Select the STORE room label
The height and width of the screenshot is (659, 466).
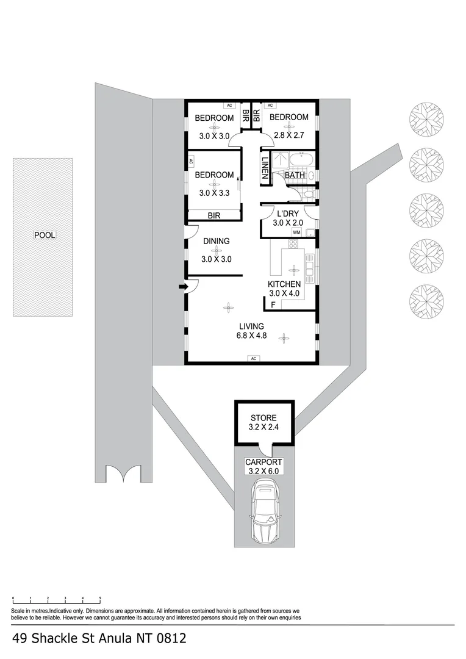click(x=263, y=418)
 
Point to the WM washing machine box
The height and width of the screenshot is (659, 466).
click(x=296, y=232)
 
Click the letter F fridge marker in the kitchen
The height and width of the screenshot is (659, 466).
click(x=273, y=304)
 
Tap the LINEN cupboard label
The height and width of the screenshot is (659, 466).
click(x=265, y=167)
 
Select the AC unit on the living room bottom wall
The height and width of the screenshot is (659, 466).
click(x=252, y=358)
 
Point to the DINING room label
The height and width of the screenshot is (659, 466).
click(x=216, y=241)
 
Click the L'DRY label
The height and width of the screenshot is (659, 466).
click(x=287, y=214)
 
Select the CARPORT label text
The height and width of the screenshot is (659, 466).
click(x=263, y=462)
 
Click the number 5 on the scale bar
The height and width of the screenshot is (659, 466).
click(x=100, y=597)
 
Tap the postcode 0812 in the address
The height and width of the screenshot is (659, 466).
click(x=170, y=639)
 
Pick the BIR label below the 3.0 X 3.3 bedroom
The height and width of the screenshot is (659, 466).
click(x=213, y=215)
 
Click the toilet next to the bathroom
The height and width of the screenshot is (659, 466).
click(x=309, y=195)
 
